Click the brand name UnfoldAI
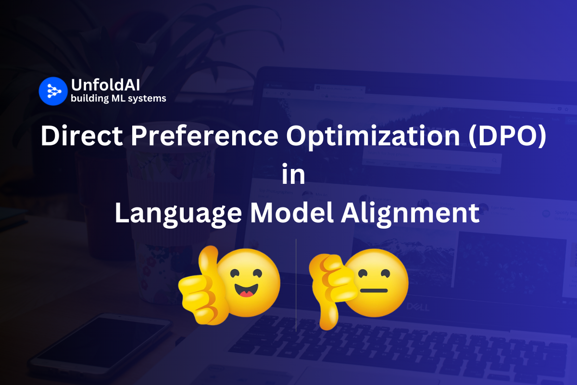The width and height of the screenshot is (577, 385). click(105, 85)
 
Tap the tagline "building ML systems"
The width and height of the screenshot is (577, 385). click(118, 99)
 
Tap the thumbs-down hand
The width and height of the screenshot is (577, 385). click(332, 289)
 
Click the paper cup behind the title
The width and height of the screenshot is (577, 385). click(154, 231)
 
